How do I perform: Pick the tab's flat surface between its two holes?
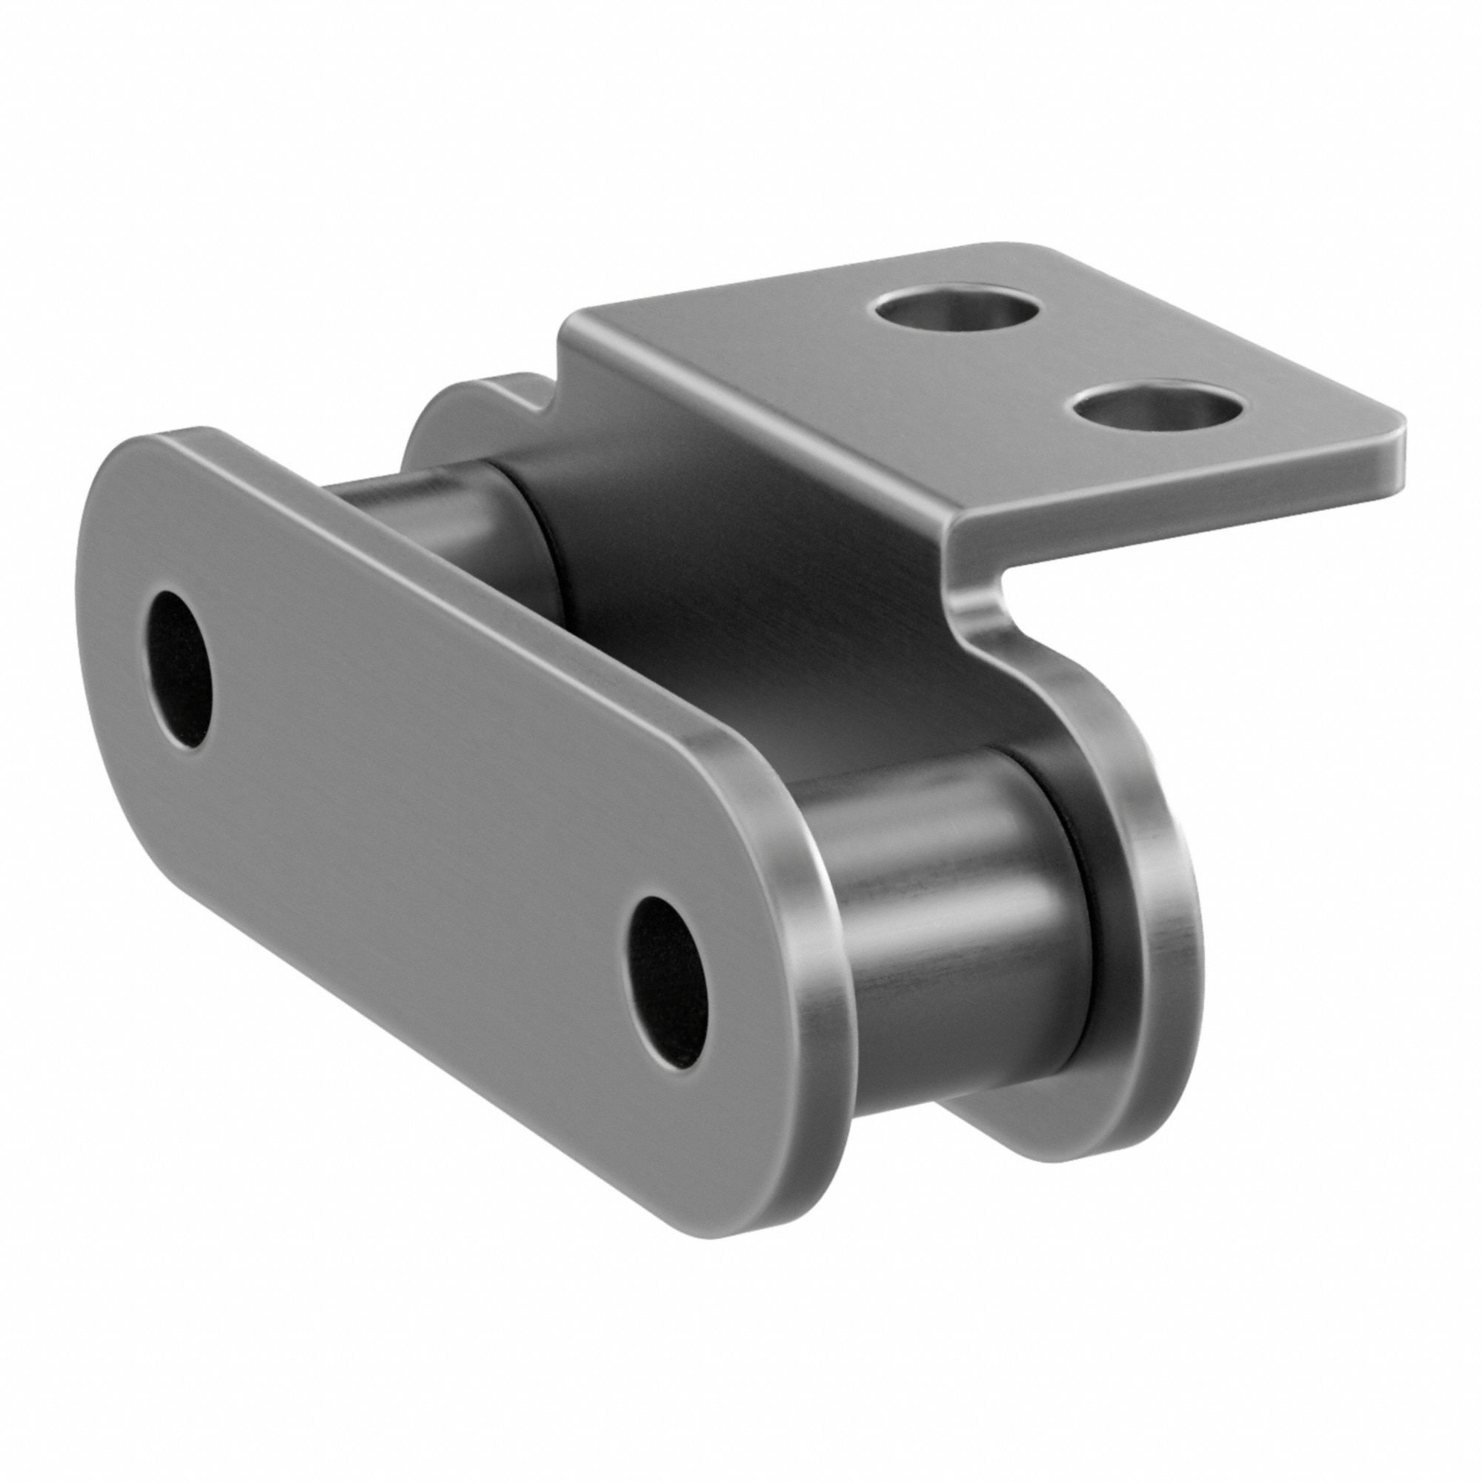pos(1059,361)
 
